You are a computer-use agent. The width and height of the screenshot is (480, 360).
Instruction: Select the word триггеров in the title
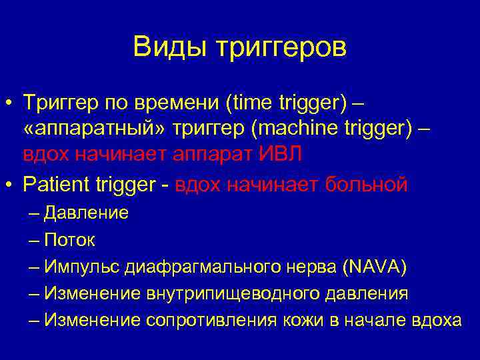tap(279, 48)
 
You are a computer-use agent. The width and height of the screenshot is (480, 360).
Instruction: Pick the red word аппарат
tap(212, 155)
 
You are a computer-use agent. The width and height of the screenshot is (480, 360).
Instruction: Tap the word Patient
tap(56, 183)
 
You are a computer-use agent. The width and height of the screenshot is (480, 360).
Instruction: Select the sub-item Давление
tap(87, 213)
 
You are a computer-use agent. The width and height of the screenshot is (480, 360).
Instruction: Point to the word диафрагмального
tap(197, 267)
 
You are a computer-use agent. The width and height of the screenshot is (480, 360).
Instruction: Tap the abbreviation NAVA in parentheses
tap(373, 267)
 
